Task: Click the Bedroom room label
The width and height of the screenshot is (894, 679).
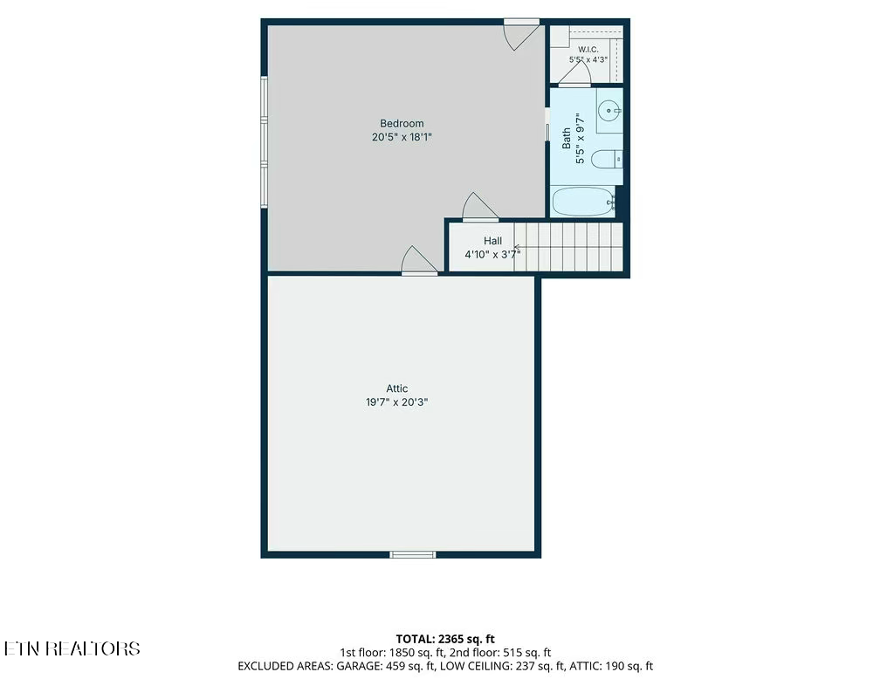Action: click(x=402, y=123)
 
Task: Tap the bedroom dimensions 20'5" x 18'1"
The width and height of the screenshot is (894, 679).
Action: click(x=402, y=137)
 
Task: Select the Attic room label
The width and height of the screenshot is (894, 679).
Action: click(x=397, y=388)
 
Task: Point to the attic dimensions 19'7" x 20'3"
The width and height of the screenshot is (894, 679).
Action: click(x=397, y=402)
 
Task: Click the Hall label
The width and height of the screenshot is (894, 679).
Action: click(x=492, y=241)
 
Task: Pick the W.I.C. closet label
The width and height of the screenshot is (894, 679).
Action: click(x=588, y=50)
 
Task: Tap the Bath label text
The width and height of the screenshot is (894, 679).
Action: click(x=566, y=139)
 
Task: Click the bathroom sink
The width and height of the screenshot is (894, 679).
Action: click(x=610, y=110)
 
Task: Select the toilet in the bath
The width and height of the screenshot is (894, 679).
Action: click(x=607, y=159)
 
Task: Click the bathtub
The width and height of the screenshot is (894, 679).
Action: click(x=582, y=202)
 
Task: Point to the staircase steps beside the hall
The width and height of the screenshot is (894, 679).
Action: click(x=568, y=247)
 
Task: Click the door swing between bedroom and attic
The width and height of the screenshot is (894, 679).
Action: click(x=419, y=260)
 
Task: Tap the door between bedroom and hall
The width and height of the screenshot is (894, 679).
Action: click(x=480, y=206)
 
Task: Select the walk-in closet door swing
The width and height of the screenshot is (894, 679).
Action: click(x=574, y=73)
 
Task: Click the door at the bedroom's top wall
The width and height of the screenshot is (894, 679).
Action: click(x=522, y=34)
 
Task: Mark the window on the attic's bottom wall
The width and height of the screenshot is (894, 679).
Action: click(x=413, y=555)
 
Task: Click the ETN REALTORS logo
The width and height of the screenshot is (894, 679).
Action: click(x=72, y=648)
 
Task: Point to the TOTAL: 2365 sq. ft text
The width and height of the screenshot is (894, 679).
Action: click(x=445, y=639)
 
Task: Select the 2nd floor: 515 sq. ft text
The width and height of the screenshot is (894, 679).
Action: click(x=500, y=653)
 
